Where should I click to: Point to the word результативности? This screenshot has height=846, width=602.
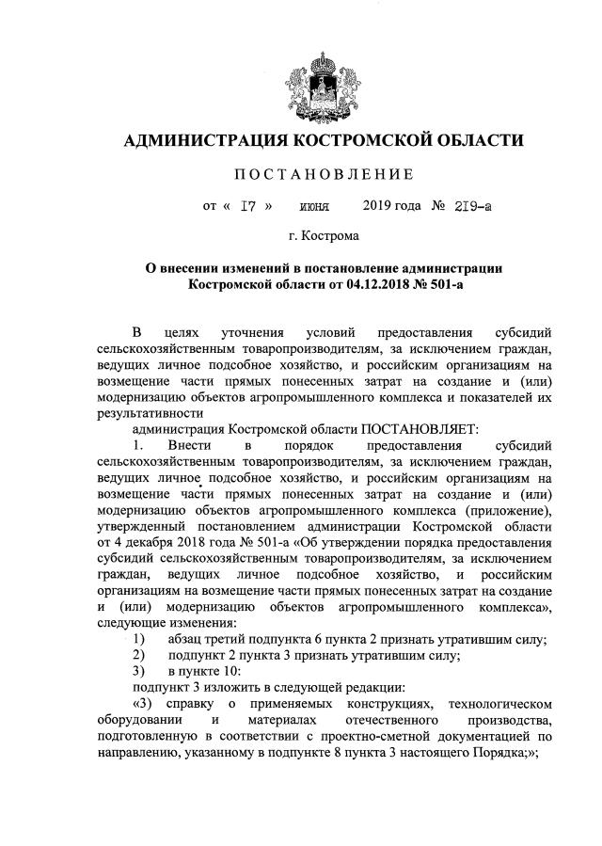[150, 411]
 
